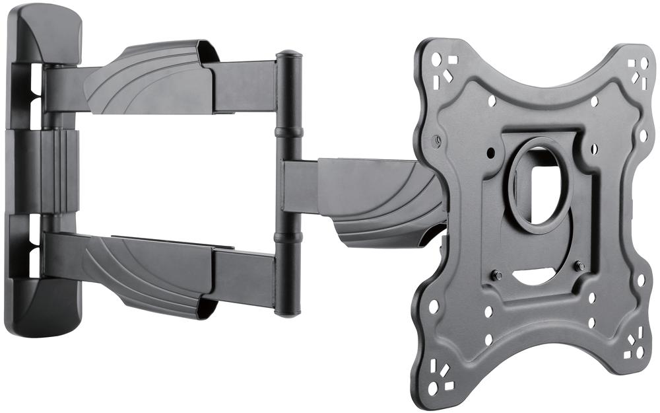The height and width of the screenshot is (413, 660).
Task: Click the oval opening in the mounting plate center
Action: [x=541, y=186]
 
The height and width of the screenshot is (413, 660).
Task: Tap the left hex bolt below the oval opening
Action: [x=496, y=275]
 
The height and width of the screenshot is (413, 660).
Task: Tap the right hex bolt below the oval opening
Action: [x=580, y=266]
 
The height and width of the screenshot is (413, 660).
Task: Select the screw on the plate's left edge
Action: [x=436, y=140]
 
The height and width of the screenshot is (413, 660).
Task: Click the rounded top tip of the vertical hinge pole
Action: [x=288, y=54]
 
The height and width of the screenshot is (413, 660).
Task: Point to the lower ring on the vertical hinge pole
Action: [x=288, y=237]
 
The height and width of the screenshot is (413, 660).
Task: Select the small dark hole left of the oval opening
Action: [x=490, y=153]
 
